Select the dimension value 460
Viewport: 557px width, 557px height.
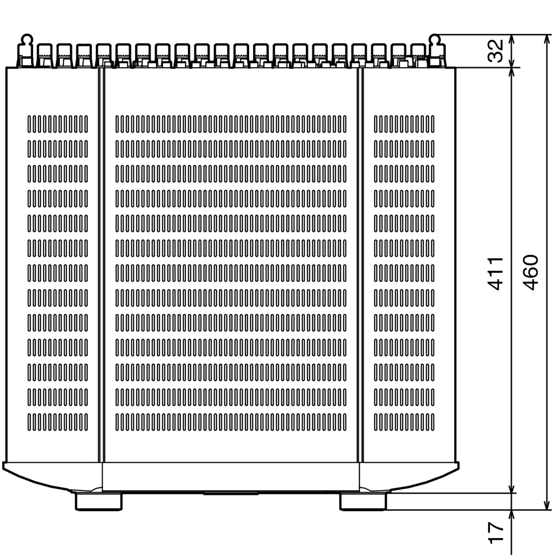pos(531,272)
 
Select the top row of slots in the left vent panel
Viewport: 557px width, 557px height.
pos(58,124)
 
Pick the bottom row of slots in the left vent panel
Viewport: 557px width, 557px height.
pos(58,422)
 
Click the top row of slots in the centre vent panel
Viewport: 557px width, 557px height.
pos(231,124)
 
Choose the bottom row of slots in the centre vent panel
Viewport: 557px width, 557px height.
pos(231,422)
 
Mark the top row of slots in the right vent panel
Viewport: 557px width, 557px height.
pos(404,124)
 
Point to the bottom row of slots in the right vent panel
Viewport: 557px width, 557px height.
pos(404,422)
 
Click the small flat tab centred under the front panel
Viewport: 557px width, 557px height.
pos(231,494)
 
